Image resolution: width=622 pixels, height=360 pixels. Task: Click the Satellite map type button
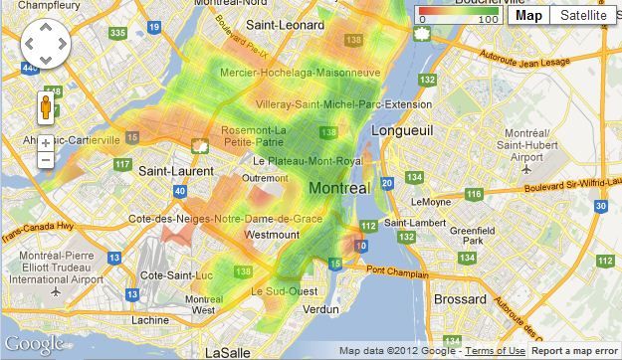[x=582, y=15]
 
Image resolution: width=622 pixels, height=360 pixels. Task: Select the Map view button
[x=528, y=15]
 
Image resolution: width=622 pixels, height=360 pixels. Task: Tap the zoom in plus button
[x=46, y=143]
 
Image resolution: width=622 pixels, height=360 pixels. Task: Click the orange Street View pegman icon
[x=46, y=106]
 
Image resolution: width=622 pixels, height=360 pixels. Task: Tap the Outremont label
[x=264, y=178]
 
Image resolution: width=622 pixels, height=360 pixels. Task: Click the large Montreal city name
[x=339, y=188]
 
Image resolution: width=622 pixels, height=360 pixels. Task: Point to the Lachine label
[x=150, y=319]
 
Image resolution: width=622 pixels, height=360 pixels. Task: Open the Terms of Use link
[x=495, y=351]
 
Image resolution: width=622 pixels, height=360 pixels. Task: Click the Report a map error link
[x=575, y=351]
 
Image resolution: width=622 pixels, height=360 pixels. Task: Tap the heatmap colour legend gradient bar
[x=458, y=11]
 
